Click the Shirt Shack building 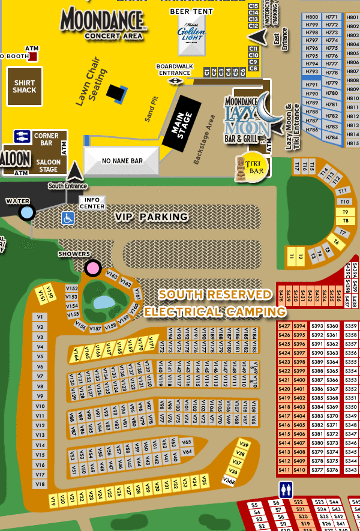click(x=24, y=86)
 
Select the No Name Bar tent click(x=122, y=161)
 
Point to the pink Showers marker click(x=92, y=268)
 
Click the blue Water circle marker click(x=26, y=212)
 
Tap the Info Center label click(x=92, y=203)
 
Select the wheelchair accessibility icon click(x=68, y=217)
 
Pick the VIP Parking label click(x=152, y=217)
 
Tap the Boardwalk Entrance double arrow click(x=175, y=80)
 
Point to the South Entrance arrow click(x=75, y=172)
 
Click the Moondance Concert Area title click(x=103, y=23)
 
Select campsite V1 click(x=40, y=316)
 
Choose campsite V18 click(x=40, y=484)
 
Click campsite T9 click(x=345, y=212)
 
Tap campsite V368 click(x=229, y=480)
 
